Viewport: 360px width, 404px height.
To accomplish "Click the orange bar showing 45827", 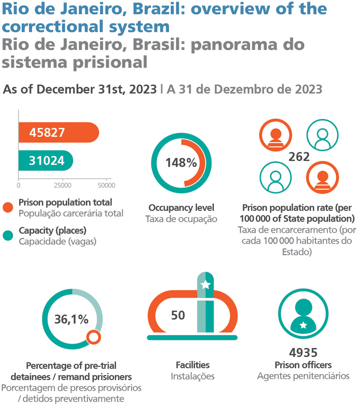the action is tap(59, 132).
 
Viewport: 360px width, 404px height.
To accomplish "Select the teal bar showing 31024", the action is tap(46, 160).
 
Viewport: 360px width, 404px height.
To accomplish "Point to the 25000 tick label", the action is tap(63, 185).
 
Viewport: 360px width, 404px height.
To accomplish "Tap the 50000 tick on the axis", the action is tap(106, 179).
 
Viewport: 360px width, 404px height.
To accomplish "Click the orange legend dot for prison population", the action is tap(8, 208).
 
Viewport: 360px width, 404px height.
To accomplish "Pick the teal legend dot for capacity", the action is tap(8, 236).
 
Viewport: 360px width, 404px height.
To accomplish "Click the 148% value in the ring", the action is tap(181, 163).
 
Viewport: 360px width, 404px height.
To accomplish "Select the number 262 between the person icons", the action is tap(299, 157).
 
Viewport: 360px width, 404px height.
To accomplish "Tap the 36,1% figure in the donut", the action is tap(71, 320).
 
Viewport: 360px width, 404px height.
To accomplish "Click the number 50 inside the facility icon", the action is tap(178, 315).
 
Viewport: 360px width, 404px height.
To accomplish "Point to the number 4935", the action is tap(303, 353).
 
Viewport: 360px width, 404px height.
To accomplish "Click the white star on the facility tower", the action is tap(206, 285).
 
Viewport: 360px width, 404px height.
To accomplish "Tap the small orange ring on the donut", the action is tap(94, 337).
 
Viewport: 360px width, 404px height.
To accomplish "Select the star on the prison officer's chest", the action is tap(303, 325).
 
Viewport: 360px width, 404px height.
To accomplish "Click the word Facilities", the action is tap(193, 365).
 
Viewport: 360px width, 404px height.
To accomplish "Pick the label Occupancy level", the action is tap(182, 208).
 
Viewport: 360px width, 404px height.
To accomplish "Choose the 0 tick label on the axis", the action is tap(18, 185).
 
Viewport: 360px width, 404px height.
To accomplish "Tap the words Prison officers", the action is tap(303, 365).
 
